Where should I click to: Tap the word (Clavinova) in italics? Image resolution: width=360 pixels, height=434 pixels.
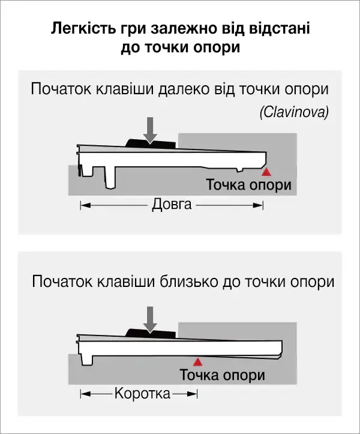[x=295, y=113]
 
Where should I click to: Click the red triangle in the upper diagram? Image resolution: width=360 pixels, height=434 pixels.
[x=266, y=172]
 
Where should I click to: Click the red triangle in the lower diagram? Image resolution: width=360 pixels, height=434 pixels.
[x=197, y=362]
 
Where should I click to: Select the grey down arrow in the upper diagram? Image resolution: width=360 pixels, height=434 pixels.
[x=150, y=130]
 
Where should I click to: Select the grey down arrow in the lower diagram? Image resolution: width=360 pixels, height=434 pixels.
[x=150, y=320]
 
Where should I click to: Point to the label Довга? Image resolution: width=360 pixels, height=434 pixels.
[x=172, y=205]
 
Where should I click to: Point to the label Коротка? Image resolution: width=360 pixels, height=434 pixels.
[x=142, y=393]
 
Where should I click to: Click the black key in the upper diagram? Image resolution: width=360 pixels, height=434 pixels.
[x=151, y=143]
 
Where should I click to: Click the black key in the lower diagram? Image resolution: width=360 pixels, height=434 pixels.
[x=151, y=333]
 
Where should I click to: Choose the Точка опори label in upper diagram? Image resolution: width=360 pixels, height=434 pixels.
[x=249, y=185]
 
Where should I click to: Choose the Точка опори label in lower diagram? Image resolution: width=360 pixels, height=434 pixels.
[x=223, y=375]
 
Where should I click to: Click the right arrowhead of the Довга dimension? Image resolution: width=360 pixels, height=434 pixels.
[x=258, y=205]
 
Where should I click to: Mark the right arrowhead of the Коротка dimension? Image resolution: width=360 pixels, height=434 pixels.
[x=193, y=394]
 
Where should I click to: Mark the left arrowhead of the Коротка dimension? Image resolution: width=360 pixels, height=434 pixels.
[x=86, y=394]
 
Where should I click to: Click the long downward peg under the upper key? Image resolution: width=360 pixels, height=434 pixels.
[x=110, y=178]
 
